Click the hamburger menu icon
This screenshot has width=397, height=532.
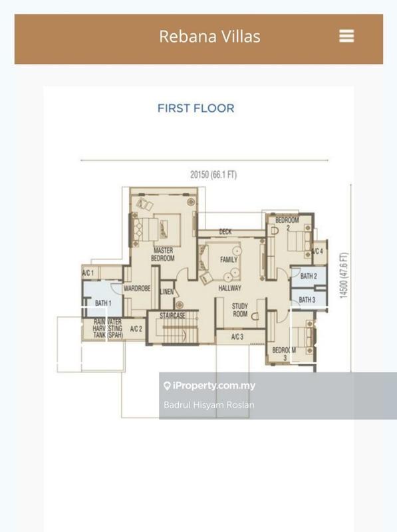[x=346, y=36]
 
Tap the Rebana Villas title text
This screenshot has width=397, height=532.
[x=209, y=36]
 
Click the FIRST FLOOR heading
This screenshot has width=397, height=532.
[x=196, y=108]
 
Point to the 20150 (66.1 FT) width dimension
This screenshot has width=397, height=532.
[x=213, y=175]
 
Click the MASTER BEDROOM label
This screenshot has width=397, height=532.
[x=163, y=254]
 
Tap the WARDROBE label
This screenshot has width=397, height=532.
[x=137, y=289]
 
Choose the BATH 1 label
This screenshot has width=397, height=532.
[x=102, y=303]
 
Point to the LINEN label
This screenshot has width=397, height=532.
[x=167, y=292]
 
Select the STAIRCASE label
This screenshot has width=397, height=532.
[x=172, y=316]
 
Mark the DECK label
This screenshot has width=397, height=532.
[x=225, y=232]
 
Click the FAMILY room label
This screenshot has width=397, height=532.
[x=229, y=259]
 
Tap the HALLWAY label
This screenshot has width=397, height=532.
[x=230, y=288]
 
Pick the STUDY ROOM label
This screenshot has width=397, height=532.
[x=239, y=310]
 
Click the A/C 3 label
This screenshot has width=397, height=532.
[x=237, y=337]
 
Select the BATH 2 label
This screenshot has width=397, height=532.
[x=308, y=276]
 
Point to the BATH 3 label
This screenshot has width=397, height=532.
[x=307, y=301]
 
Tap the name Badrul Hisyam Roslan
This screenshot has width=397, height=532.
[x=209, y=405]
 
